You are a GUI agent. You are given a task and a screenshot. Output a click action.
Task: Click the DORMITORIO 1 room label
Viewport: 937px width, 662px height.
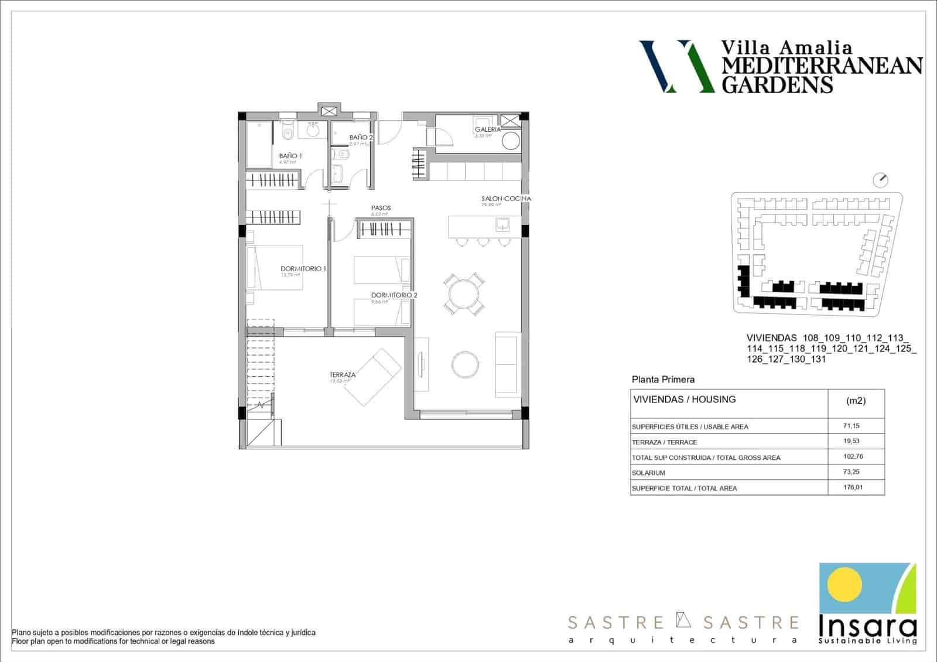(x=303, y=268)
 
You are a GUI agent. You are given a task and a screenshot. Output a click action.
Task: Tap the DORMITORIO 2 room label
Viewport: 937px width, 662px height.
(x=394, y=295)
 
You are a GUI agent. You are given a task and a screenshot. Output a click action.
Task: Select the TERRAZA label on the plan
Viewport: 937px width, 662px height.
(x=343, y=375)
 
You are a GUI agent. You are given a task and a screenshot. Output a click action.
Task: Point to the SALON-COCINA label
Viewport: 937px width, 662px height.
(x=506, y=199)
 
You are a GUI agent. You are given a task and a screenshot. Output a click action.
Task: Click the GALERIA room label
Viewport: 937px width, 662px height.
(x=488, y=129)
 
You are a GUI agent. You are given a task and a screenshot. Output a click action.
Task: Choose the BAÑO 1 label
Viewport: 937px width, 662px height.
(x=290, y=156)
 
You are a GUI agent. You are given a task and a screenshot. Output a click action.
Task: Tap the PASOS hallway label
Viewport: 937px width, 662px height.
(x=381, y=208)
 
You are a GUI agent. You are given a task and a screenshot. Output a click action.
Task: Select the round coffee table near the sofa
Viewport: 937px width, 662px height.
(x=465, y=364)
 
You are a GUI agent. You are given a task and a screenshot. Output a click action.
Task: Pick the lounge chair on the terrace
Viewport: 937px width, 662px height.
(x=372, y=377)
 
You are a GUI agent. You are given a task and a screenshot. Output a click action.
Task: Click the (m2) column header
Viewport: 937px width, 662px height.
(x=856, y=401)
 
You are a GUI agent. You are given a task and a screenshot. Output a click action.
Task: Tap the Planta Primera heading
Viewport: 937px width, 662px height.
(x=663, y=380)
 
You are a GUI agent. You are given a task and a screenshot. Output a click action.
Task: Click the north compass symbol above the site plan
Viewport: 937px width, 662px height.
(x=880, y=179)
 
